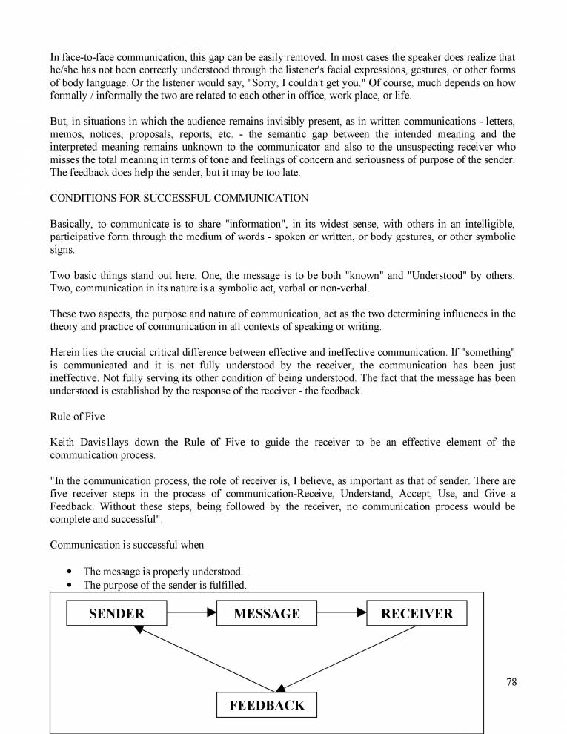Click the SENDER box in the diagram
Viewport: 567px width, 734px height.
(117, 613)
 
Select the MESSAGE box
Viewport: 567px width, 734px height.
(267, 613)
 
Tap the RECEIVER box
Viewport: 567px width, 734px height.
(417, 613)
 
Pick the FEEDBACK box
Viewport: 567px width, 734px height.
(267, 705)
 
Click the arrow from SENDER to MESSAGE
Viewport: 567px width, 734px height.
(192, 613)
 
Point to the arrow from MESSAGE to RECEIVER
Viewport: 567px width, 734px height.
(342, 613)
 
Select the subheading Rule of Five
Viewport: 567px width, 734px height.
(77, 417)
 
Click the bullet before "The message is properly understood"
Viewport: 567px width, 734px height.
(69, 572)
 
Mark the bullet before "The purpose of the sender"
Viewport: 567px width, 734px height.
(69, 585)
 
